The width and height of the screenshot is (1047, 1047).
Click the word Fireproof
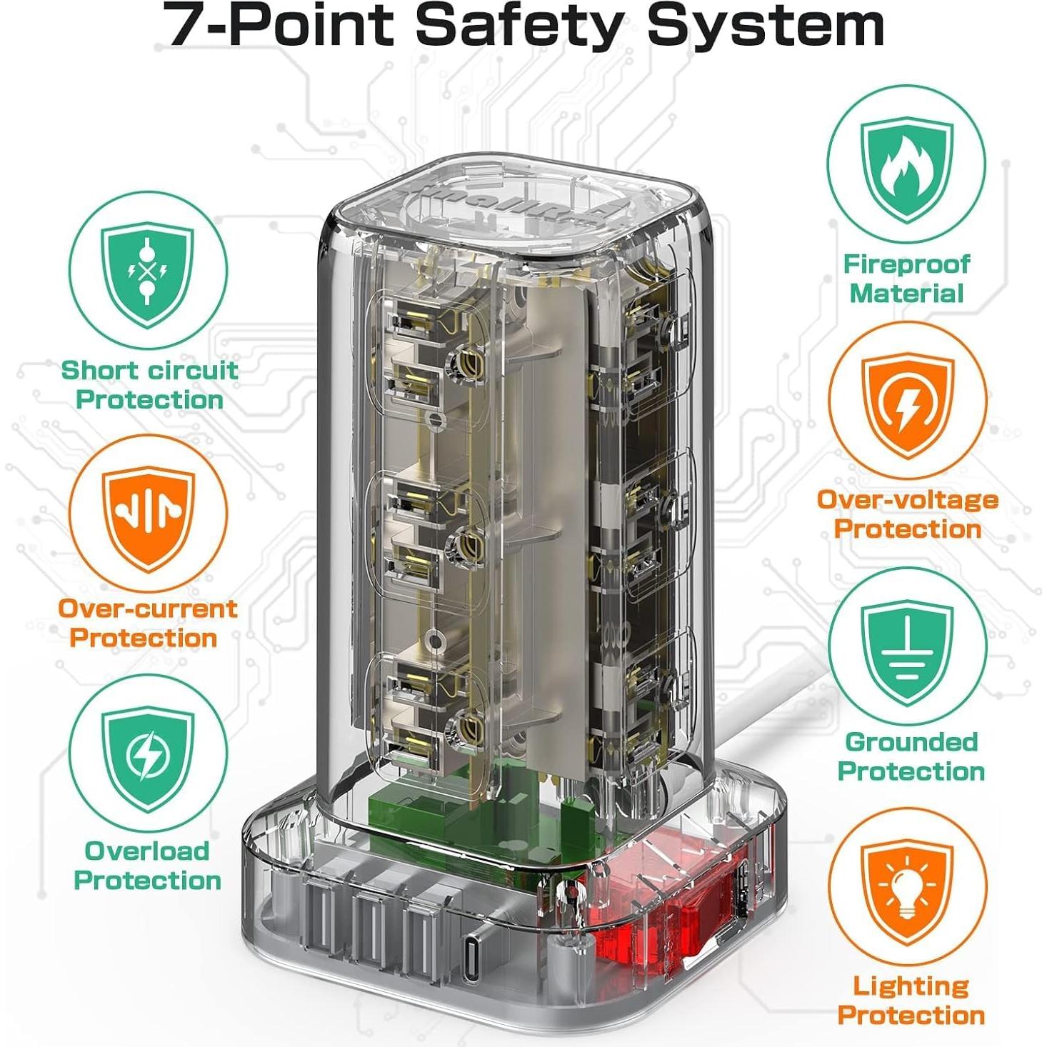pos(906,264)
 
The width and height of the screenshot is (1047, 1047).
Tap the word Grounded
pos(911,742)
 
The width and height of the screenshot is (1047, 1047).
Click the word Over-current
pos(147,609)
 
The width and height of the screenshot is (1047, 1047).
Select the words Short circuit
pos(149,370)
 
